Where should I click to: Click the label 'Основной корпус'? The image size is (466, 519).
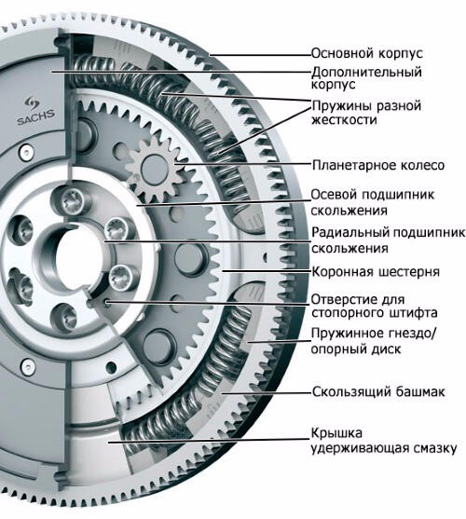367,53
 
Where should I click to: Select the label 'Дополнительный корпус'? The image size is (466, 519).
366,77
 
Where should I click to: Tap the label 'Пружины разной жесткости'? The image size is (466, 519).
366,113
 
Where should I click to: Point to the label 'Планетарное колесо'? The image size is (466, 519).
378,165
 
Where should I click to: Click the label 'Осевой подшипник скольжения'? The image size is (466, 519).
373,202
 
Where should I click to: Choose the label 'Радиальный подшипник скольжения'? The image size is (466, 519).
389,240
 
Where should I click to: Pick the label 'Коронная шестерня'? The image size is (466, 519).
376,272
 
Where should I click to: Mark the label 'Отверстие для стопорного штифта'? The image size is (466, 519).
375,307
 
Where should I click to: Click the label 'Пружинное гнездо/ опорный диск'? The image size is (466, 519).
374,341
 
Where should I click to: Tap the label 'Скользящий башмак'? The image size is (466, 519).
378,391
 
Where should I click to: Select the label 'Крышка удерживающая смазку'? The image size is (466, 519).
384,441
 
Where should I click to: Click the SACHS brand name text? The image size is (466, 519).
35,117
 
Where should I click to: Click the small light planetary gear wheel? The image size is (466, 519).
155,170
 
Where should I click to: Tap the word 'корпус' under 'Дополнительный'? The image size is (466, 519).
334,85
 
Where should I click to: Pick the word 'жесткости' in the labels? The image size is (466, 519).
344,119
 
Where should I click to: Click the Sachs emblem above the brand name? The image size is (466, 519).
32,102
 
